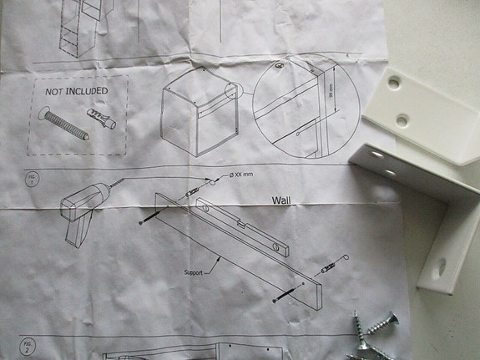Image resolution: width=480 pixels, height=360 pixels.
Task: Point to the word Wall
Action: (285, 200)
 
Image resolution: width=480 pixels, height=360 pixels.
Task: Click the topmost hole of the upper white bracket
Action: (393, 83)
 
